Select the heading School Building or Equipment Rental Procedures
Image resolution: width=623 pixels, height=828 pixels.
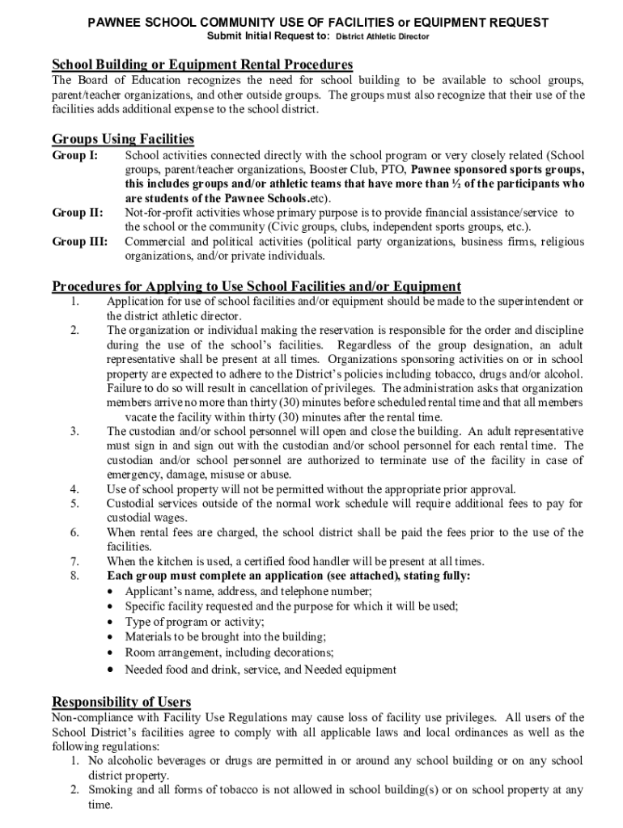coord(202,64)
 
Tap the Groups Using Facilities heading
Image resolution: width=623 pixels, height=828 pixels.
coord(123,139)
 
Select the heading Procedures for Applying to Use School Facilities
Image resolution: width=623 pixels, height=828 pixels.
coord(256,286)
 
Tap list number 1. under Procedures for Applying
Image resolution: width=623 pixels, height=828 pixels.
coord(74,302)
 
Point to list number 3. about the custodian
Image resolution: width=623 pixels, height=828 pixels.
coord(74,432)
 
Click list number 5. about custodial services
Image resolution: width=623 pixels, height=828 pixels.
coord(74,504)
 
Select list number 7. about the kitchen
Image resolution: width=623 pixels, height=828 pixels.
coord(74,562)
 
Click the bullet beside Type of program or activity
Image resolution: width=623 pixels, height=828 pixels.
coord(112,622)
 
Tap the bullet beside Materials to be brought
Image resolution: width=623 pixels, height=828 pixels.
coord(112,637)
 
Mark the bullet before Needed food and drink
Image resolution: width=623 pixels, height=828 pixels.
coord(112,670)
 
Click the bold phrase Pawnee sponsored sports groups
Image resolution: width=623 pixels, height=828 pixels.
coord(498,170)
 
